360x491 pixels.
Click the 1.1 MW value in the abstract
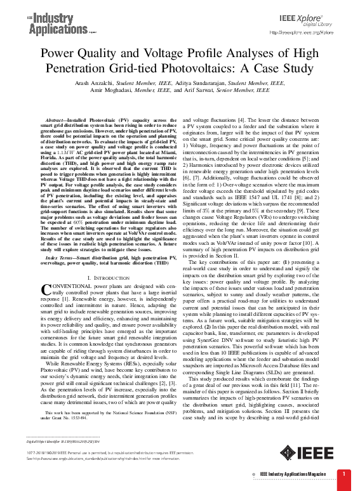[x=75, y=155]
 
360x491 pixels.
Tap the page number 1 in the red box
[x=343, y=474]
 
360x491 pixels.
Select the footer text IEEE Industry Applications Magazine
[x=298, y=474]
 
